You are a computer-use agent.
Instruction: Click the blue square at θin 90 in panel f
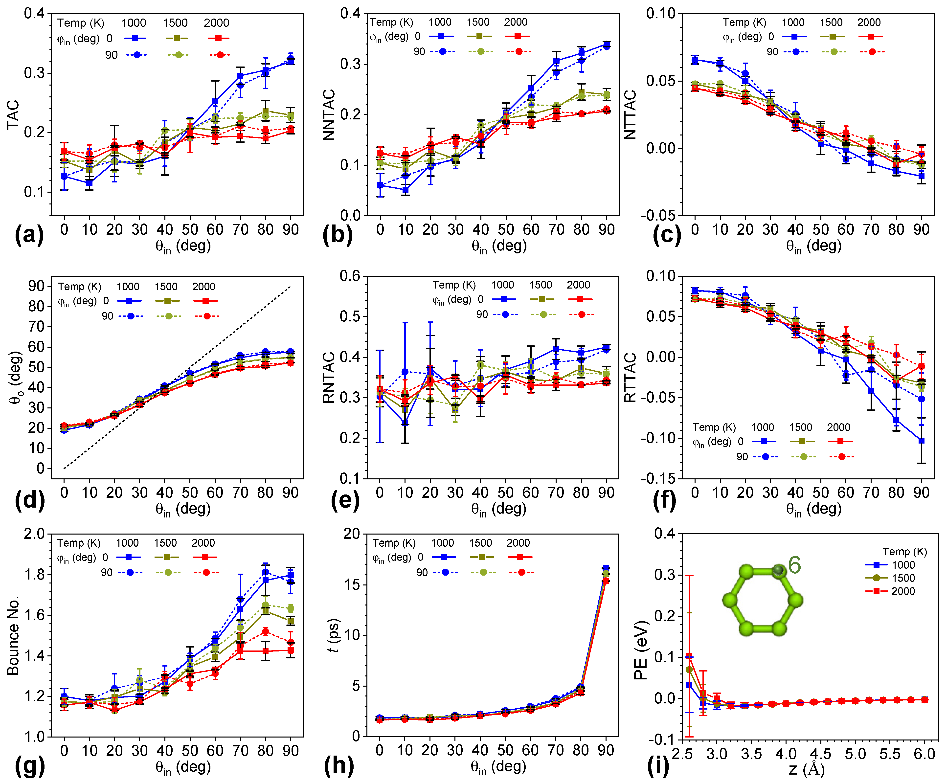coord(921,441)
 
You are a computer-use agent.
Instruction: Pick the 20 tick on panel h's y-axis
coord(352,534)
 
